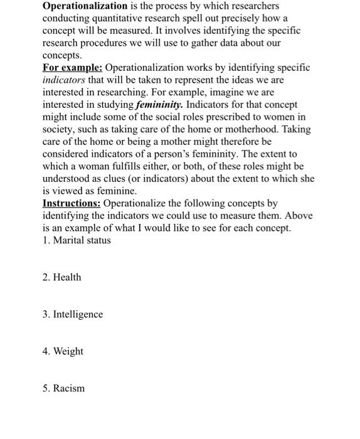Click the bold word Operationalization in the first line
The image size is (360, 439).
tap(85, 6)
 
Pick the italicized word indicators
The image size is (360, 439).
tap(63, 80)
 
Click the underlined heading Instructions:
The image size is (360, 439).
tap(71, 203)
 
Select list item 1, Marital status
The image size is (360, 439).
tap(77, 240)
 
